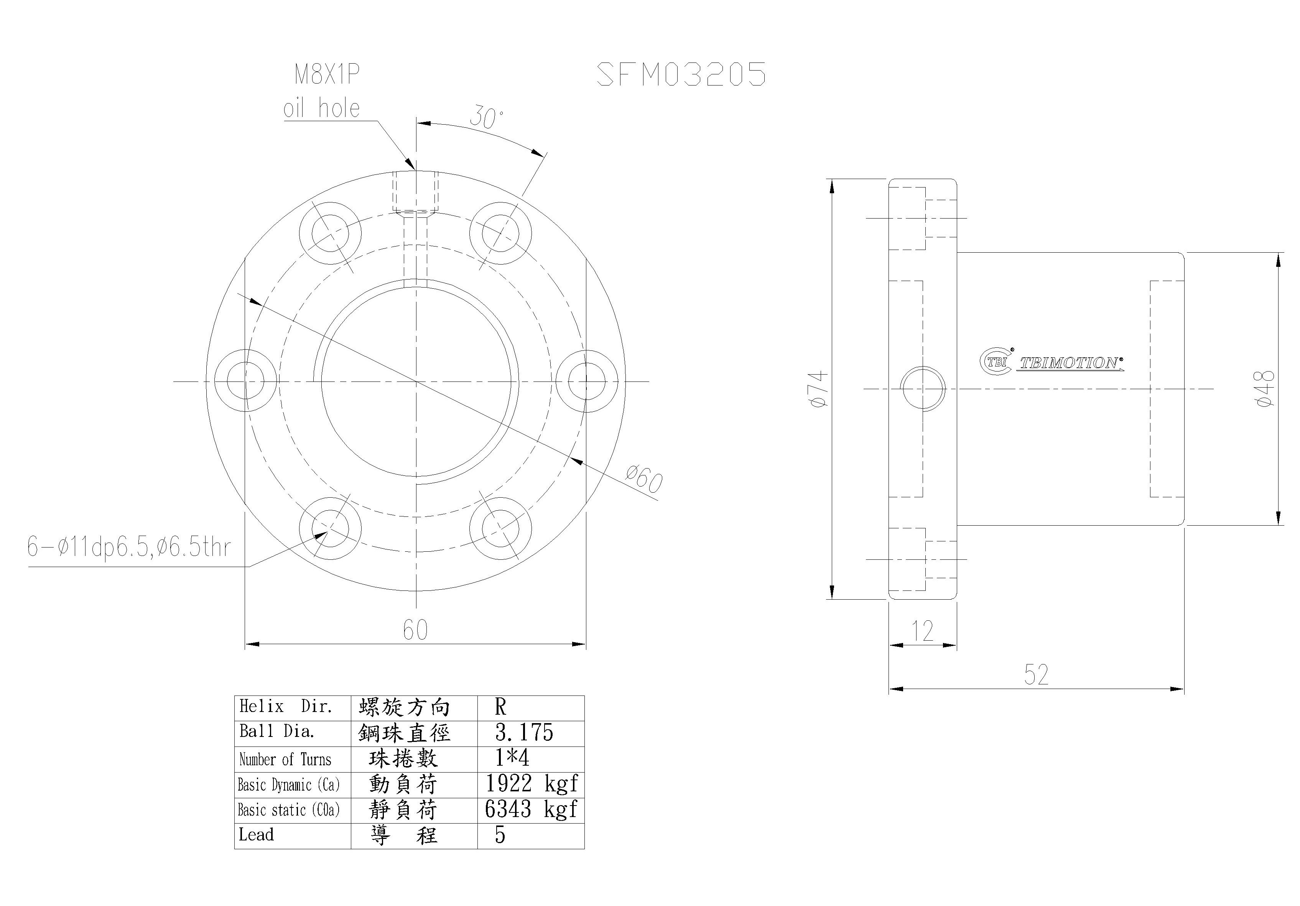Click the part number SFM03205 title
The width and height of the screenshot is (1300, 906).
(682, 74)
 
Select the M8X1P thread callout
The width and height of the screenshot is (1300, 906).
(327, 74)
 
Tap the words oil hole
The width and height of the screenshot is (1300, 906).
(322, 108)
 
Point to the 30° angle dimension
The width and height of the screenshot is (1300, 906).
(486, 117)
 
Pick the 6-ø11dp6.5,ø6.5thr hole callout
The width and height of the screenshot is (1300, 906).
(129, 547)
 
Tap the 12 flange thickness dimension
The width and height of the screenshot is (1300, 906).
(922, 631)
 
